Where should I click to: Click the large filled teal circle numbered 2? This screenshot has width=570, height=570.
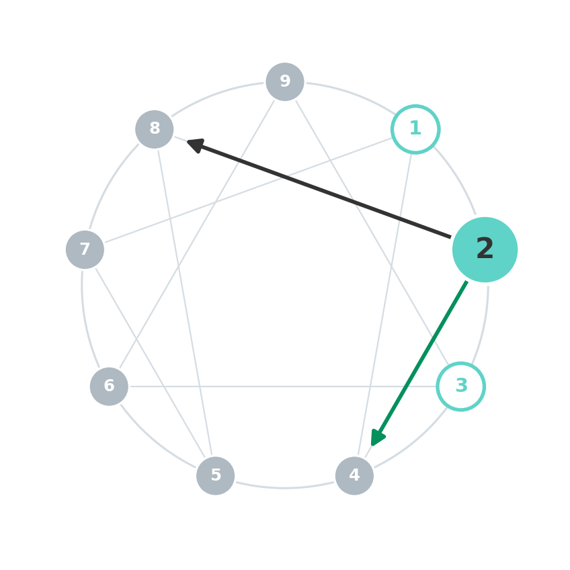(x=485, y=250)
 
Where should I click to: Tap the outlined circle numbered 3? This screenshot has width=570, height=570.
(x=461, y=386)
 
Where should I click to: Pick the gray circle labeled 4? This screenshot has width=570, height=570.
(x=354, y=475)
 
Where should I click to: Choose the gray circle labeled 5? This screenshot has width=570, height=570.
(x=216, y=475)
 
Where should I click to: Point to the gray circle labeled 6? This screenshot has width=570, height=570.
(x=109, y=386)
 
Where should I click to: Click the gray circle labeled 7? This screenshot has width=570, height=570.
(x=85, y=250)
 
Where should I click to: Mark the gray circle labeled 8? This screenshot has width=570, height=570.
(x=155, y=130)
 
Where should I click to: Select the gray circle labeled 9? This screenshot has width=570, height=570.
(x=285, y=82)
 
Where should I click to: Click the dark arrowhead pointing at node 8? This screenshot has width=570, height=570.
(x=196, y=145)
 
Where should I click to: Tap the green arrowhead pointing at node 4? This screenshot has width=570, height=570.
(x=377, y=438)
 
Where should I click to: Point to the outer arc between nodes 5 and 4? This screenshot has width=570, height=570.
(x=285, y=488)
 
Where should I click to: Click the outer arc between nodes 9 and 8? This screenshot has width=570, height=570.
(x=216, y=95)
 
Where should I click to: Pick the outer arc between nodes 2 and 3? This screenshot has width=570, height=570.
(x=483, y=326)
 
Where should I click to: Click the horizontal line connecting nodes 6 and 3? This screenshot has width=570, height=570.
(x=283, y=386)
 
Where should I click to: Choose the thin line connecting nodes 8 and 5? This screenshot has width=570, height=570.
(x=185, y=302)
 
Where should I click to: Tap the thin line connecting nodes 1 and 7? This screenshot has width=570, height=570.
(x=249, y=190)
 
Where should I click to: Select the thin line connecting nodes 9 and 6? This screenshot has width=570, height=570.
(x=197, y=235)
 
